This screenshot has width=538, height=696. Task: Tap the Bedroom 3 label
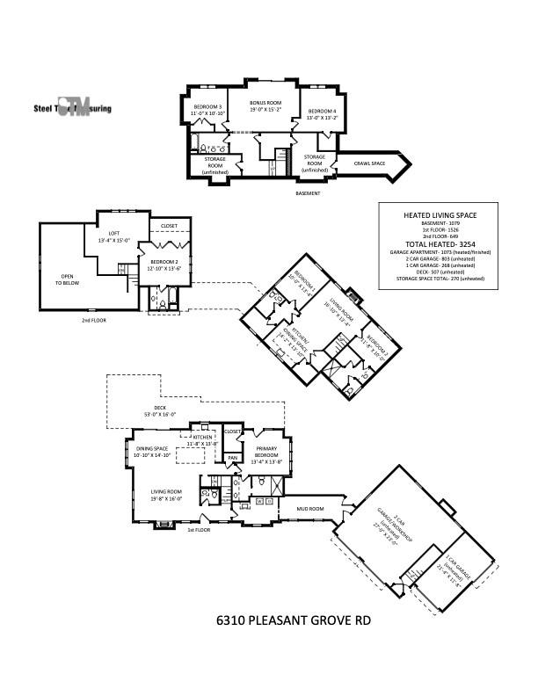coord(207,110)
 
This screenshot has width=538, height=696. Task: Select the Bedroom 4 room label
coord(321,113)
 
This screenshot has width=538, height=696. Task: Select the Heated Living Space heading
coord(438,214)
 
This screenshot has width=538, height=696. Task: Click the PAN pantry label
coord(233,457)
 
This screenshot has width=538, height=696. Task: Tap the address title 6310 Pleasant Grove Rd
coord(294,620)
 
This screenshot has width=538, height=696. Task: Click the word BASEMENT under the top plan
coord(307,192)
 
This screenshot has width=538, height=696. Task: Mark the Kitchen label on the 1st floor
coord(204,439)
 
